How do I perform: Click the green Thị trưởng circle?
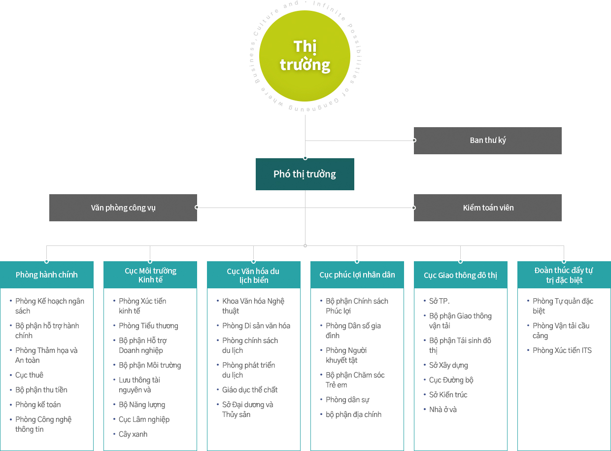point(305,56)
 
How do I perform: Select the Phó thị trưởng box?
point(305,174)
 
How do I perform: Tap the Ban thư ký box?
point(487,140)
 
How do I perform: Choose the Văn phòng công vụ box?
point(123,208)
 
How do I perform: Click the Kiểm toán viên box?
point(487,208)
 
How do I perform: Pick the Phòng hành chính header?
point(47,275)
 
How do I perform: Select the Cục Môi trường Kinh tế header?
point(150,275)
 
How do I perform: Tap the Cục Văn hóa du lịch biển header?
point(253,275)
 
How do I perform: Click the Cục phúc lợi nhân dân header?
point(357,275)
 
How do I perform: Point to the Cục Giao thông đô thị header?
point(460,275)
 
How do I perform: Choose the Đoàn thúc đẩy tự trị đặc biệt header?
point(564,275)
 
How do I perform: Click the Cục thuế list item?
point(29,375)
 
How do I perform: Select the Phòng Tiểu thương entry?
point(148,326)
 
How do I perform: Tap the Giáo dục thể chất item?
point(250,390)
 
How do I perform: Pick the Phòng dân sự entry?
point(347,400)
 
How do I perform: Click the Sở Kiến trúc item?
point(448,395)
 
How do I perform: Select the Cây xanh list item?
point(133,434)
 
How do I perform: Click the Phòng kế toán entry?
point(38,405)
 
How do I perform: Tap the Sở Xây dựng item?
point(448,365)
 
